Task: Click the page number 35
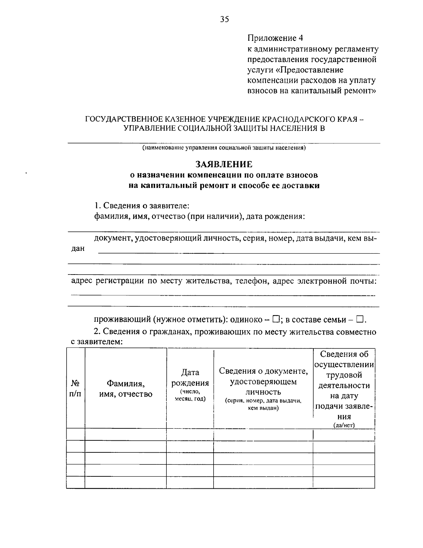point(224,19)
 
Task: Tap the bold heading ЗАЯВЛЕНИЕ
point(224,164)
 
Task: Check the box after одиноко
point(276,319)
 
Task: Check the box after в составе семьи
point(360,319)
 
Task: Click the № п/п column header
point(75,388)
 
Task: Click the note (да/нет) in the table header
point(344,425)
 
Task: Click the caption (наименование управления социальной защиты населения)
point(224,148)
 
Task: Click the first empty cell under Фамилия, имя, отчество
point(126,434)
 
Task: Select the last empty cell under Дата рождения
point(190,482)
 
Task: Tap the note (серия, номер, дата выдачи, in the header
point(263,401)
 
